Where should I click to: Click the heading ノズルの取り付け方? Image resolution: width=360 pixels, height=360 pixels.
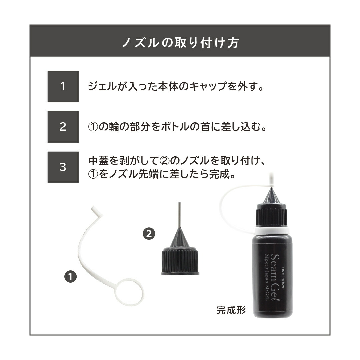coord(180,42)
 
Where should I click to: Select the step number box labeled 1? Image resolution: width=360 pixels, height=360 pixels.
coord(63,87)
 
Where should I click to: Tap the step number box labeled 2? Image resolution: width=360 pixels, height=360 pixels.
coord(63,127)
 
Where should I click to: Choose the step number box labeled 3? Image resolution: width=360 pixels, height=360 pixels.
coord(63,167)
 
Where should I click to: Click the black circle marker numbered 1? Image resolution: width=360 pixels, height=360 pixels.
coord(70,276)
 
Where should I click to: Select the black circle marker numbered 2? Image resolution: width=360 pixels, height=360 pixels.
coord(149,234)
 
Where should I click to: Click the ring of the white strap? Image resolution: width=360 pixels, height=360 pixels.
coord(129,292)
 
